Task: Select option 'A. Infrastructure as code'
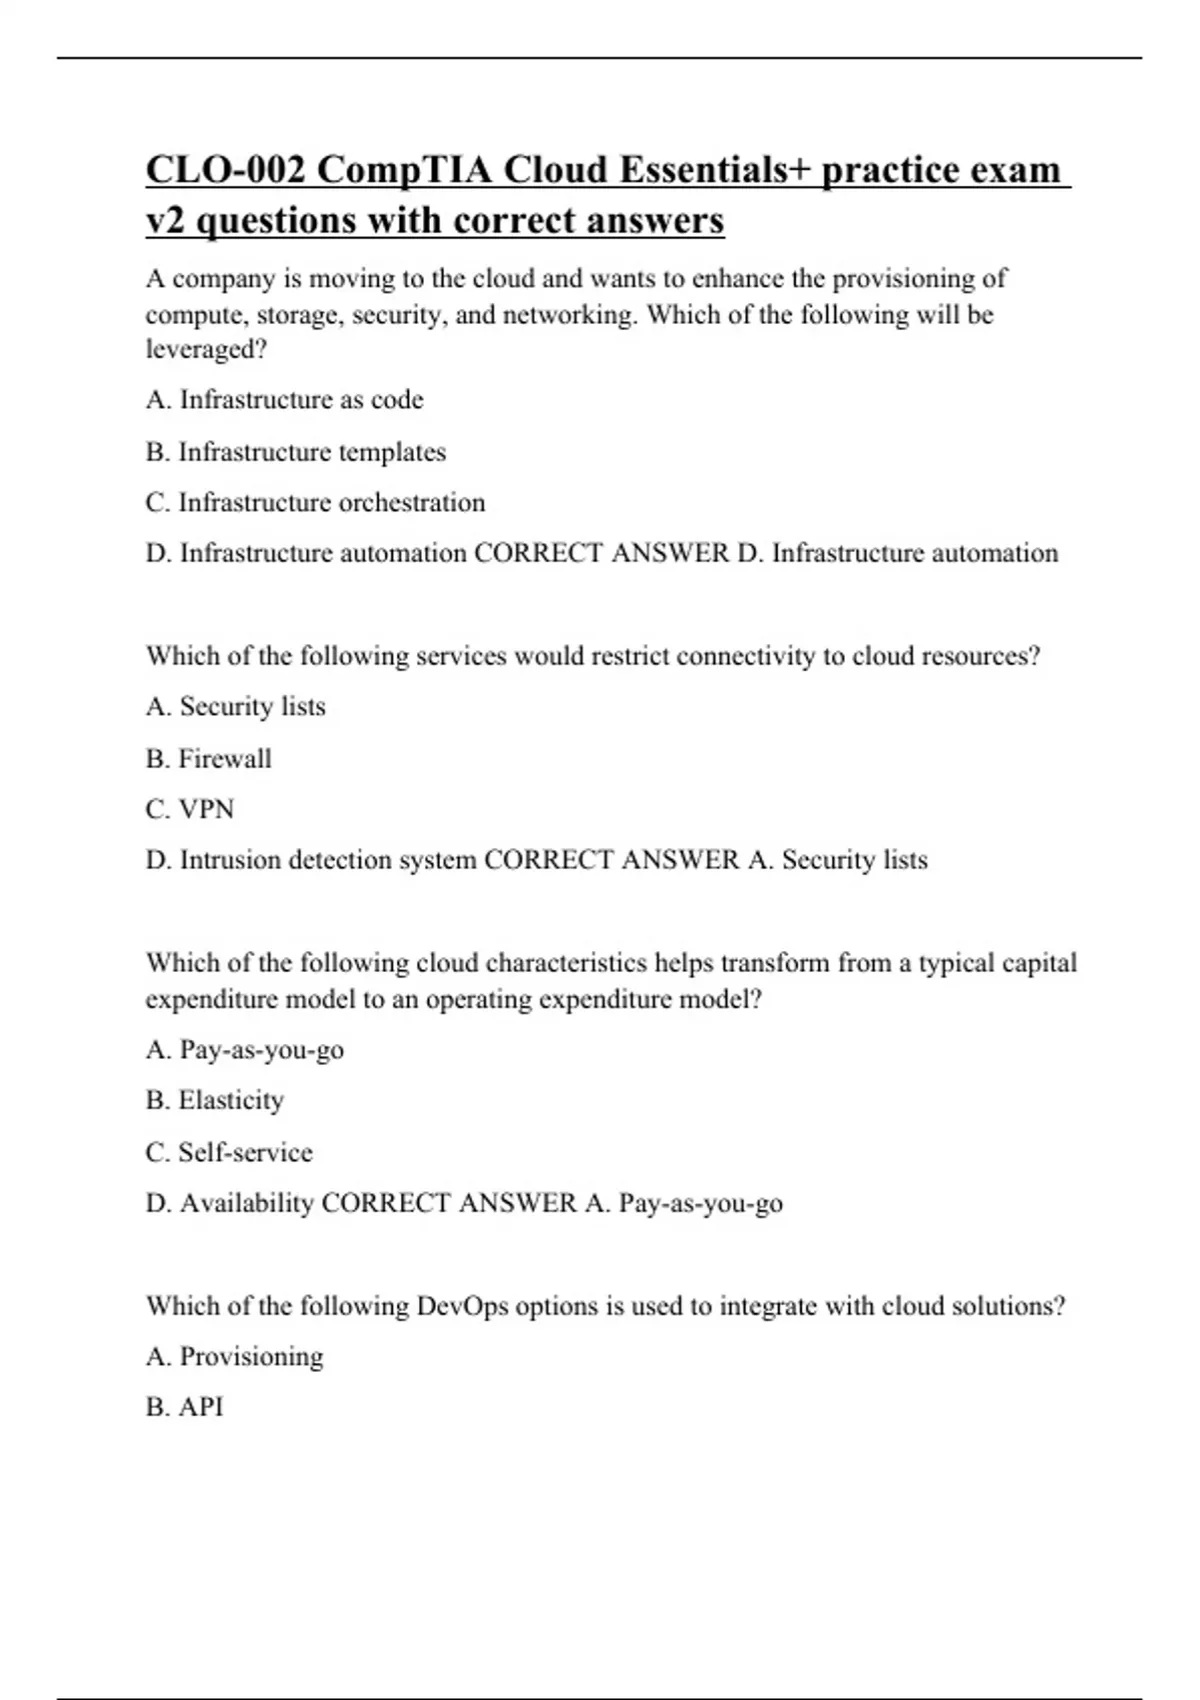(285, 400)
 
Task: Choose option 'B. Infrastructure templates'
(296, 452)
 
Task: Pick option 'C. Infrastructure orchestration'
(315, 502)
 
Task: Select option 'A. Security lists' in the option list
(236, 706)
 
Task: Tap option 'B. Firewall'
(209, 758)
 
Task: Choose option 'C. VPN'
(190, 808)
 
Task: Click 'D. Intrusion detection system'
(311, 860)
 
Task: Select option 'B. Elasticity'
(215, 1100)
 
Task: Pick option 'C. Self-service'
(229, 1152)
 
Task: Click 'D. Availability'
(230, 1203)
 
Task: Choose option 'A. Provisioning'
(235, 1357)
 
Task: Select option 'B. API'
(185, 1407)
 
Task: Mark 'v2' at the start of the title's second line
(165, 221)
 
